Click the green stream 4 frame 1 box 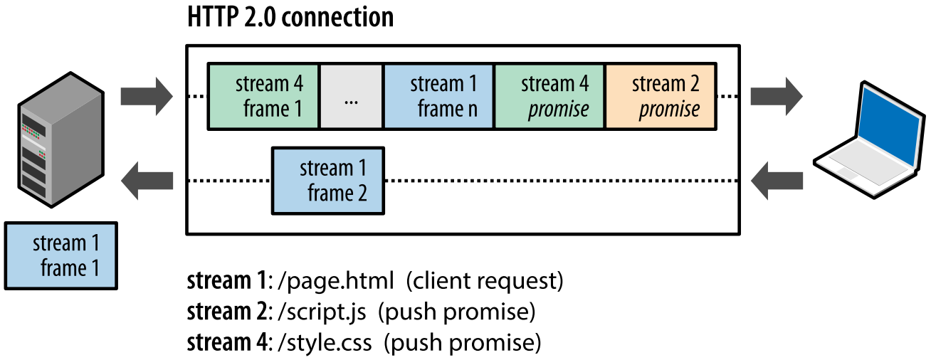tap(263, 97)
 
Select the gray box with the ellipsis tap(351, 97)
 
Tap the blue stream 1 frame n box tap(438, 97)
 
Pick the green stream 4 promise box tap(549, 97)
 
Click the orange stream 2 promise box tap(661, 97)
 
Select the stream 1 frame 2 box tap(328, 181)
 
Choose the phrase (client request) tap(484, 281)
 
